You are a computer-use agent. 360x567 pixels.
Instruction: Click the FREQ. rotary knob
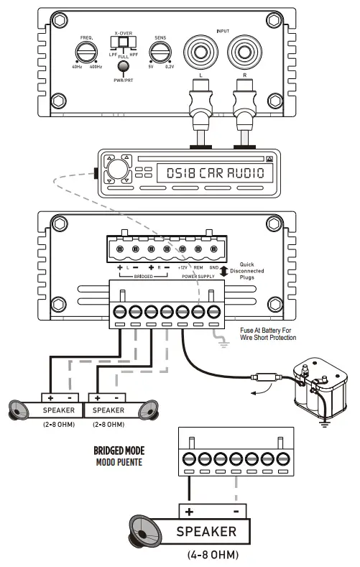tap(86, 52)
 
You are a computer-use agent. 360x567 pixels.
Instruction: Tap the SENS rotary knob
tap(160, 52)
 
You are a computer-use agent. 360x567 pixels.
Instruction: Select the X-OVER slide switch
tap(124, 42)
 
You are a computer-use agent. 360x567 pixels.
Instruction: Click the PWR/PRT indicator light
tap(124, 67)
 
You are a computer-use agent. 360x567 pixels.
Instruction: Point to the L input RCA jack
tap(200, 52)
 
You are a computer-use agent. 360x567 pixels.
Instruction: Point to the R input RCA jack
tap(245, 52)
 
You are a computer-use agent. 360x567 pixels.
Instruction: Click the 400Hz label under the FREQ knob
tap(96, 67)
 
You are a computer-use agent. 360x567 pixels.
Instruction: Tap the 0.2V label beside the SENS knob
tap(170, 67)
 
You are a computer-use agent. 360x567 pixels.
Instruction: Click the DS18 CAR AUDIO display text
tap(216, 173)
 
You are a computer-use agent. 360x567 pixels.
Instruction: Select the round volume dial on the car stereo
tap(116, 168)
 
